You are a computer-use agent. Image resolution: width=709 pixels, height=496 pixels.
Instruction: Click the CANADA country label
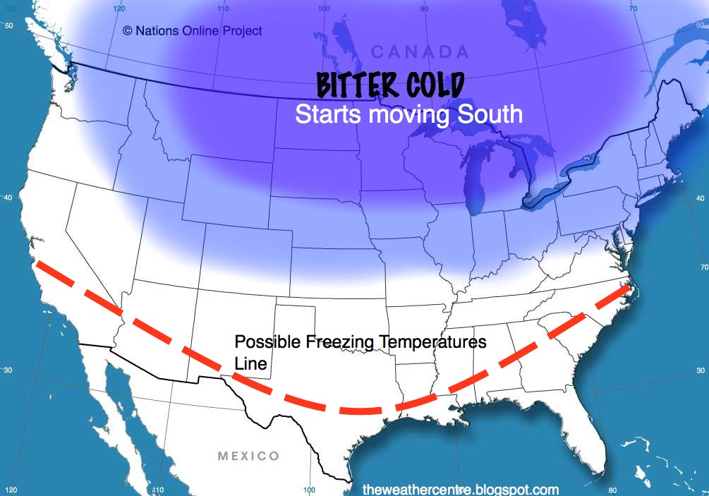coord(419,52)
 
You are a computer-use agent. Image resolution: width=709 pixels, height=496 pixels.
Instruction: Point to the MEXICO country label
coord(248,456)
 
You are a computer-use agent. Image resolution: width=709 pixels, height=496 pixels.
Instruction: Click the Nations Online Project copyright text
coord(192,30)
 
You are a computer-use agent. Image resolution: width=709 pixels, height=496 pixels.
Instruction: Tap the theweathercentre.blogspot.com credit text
coord(460,489)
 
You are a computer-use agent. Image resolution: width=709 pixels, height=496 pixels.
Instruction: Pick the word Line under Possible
coord(250,364)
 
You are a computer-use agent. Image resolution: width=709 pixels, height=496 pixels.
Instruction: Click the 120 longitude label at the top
coord(118,8)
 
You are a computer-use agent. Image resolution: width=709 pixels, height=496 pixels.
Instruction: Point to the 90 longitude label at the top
coord(423,8)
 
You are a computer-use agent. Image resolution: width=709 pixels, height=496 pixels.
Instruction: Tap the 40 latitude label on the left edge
coord(8,197)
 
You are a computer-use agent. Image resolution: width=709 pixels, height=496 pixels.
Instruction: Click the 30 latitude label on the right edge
coord(701,370)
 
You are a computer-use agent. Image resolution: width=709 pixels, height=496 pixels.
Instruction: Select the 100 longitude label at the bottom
coord(308,489)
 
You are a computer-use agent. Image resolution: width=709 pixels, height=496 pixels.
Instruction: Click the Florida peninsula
coord(585,416)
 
